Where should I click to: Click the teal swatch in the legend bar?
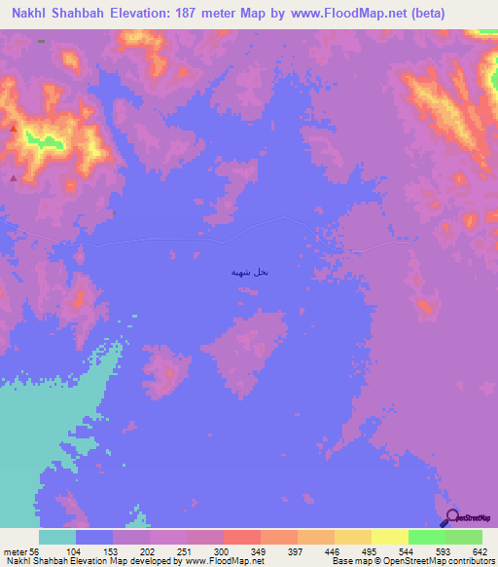57,537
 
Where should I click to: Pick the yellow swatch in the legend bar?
390,537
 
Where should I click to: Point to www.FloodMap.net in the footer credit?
229,561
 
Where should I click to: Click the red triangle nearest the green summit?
14,129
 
